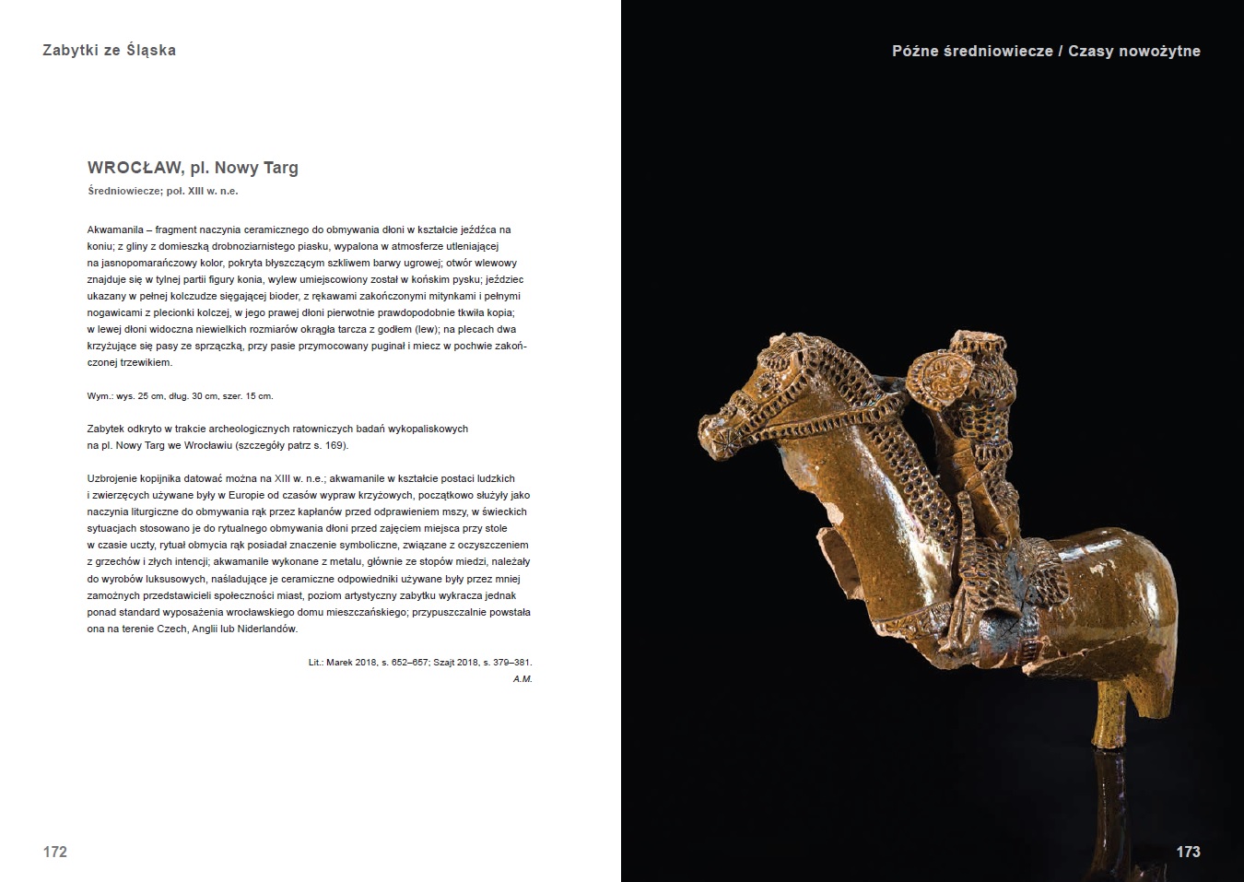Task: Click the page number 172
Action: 55,852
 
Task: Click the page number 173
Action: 1188,852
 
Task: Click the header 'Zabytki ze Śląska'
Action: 109,50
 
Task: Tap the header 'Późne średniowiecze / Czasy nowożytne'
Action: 1046,51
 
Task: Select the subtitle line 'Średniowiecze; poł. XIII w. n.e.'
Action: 163,192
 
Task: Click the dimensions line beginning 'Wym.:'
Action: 180,395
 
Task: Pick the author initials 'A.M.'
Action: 522,679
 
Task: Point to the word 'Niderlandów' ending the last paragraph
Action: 267,629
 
